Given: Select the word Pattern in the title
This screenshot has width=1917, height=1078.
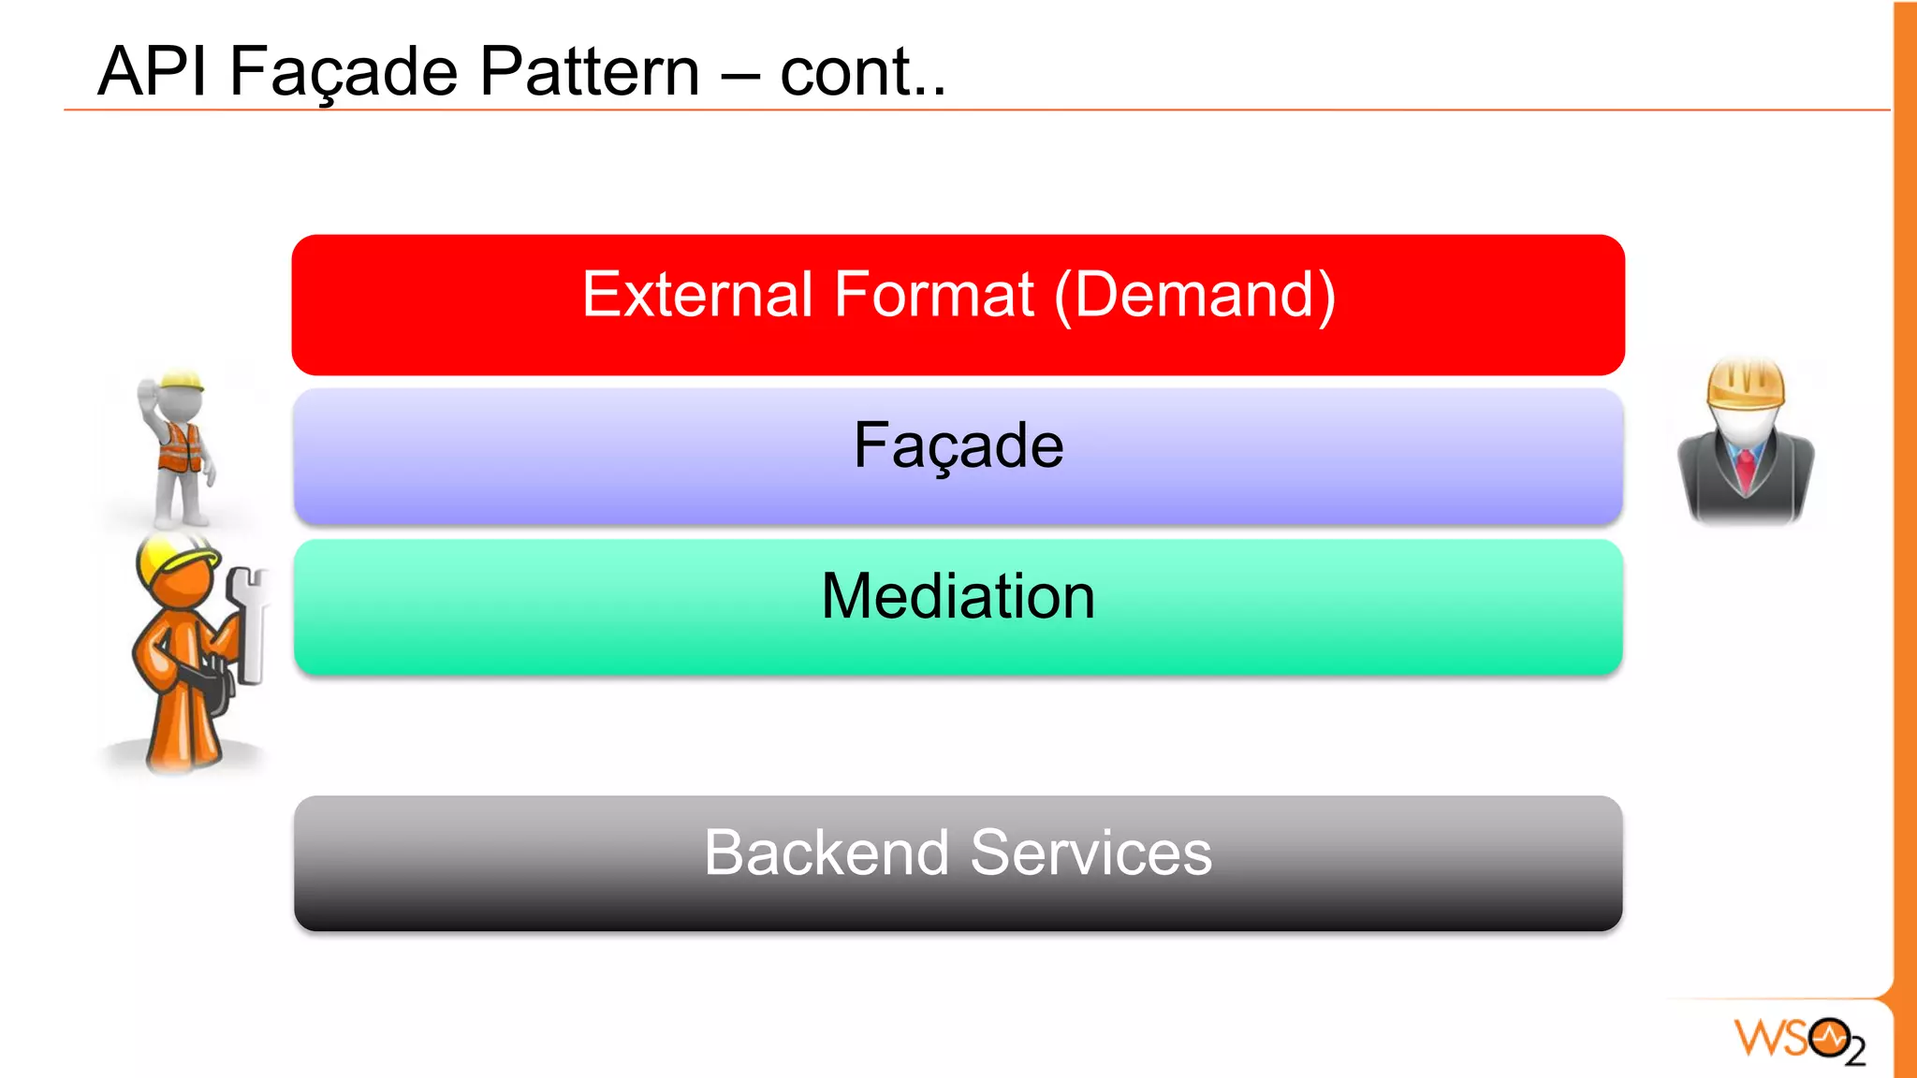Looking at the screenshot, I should click(x=590, y=72).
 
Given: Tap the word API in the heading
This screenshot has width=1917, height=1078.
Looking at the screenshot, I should click(x=152, y=72).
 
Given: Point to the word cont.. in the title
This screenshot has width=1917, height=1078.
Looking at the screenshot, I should click(x=862, y=72).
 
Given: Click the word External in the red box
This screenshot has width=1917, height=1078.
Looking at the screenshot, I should click(x=697, y=295).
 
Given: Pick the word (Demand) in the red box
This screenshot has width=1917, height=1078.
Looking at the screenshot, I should click(x=1195, y=295).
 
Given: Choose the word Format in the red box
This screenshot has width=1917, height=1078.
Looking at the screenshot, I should click(x=933, y=295).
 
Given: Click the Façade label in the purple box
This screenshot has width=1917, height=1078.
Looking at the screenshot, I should click(x=958, y=445).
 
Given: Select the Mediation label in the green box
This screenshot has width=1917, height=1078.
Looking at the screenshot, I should click(x=958, y=596).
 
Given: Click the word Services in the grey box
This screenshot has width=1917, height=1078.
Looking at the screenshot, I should click(x=1090, y=852).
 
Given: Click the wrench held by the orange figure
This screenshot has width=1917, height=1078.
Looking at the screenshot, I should click(x=248, y=622).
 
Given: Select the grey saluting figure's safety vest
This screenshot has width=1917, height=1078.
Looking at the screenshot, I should click(x=179, y=447).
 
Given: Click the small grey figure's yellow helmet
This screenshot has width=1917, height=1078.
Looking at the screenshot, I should click(x=182, y=382).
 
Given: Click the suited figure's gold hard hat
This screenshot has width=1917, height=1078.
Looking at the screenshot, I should click(x=1746, y=383).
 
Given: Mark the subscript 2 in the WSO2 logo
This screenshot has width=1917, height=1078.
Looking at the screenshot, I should click(x=1855, y=1053).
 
